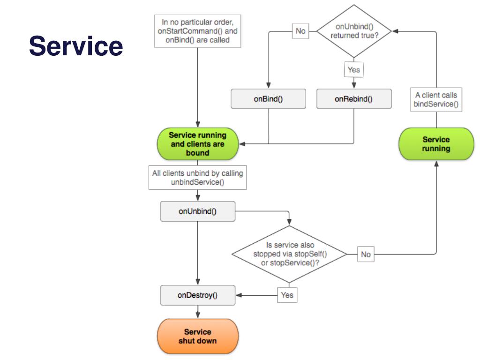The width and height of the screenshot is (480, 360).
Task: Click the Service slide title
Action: (76, 46)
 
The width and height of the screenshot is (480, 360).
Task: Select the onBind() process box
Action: (268, 99)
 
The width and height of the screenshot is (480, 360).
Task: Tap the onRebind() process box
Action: (354, 99)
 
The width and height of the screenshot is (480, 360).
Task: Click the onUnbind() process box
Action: (198, 211)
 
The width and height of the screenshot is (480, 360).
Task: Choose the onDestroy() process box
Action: (198, 295)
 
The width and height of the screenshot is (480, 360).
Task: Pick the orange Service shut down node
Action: (198, 336)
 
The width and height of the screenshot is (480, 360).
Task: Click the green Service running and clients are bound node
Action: (198, 144)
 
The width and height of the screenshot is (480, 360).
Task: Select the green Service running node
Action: (436, 144)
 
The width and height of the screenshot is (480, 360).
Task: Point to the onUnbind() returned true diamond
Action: (354, 31)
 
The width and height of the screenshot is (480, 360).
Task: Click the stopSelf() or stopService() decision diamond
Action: (289, 254)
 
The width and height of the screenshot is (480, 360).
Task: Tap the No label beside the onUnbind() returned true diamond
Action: (300, 31)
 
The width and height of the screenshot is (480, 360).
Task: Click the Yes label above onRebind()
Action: (354, 70)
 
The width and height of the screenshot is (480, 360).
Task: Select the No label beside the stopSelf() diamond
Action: (366, 255)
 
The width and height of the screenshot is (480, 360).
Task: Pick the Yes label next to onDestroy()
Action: (287, 295)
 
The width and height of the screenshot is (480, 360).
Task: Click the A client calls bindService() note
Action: (436, 99)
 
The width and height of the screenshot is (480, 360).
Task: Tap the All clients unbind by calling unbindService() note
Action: (198, 178)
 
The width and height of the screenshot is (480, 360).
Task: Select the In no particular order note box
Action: (198, 31)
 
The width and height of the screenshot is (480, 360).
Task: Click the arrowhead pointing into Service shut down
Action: (198, 315)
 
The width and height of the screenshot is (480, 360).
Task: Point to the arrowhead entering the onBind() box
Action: (269, 85)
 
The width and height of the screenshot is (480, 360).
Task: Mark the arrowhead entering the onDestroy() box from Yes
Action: (239, 295)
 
